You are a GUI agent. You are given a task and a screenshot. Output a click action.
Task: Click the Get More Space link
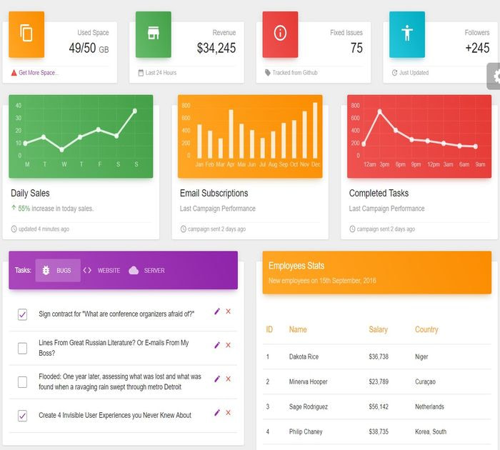39,73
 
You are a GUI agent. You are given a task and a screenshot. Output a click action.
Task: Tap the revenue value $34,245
216,49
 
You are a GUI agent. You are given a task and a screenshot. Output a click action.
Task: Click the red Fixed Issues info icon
280,32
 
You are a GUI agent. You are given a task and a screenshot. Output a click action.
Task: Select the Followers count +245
476,49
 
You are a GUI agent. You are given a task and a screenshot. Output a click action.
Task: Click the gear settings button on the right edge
494,76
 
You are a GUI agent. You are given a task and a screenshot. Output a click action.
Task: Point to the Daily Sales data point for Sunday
135,111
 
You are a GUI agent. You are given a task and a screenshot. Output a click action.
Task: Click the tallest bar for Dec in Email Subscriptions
315,130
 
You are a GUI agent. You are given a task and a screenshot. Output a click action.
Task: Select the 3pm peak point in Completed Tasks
379,111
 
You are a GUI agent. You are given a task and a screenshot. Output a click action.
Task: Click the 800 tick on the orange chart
185,106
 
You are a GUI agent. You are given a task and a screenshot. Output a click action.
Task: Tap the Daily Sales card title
30,193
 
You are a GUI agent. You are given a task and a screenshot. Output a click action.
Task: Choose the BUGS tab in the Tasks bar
58,271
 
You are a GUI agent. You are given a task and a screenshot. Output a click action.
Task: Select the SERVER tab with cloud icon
147,271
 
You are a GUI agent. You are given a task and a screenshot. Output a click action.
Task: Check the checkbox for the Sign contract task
22,314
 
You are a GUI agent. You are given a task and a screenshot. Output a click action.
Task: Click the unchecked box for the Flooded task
22,382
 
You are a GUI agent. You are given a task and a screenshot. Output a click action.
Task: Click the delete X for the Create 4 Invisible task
229,413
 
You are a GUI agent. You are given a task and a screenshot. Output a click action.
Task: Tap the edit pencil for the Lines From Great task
217,345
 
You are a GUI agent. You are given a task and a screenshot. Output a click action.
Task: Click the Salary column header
378,329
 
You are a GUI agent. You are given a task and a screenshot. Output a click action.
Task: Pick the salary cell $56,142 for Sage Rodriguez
378,406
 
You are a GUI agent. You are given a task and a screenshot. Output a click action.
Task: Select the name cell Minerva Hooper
308,381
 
